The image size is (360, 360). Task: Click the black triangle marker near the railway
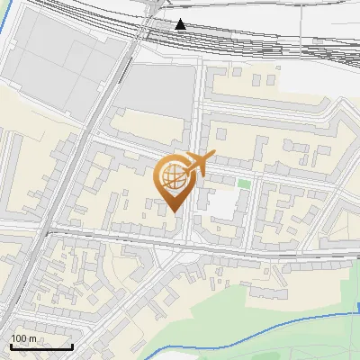[181, 24]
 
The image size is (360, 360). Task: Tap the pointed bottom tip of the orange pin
[175, 212]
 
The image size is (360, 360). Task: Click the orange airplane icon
[198, 165]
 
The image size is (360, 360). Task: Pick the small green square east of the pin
[243, 184]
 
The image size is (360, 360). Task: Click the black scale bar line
[41, 346]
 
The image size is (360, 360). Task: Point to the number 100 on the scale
[19, 338]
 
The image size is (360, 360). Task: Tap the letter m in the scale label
[32, 338]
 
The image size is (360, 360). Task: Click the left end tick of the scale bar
[11, 345]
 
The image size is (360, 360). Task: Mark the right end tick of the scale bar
[72, 345]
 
